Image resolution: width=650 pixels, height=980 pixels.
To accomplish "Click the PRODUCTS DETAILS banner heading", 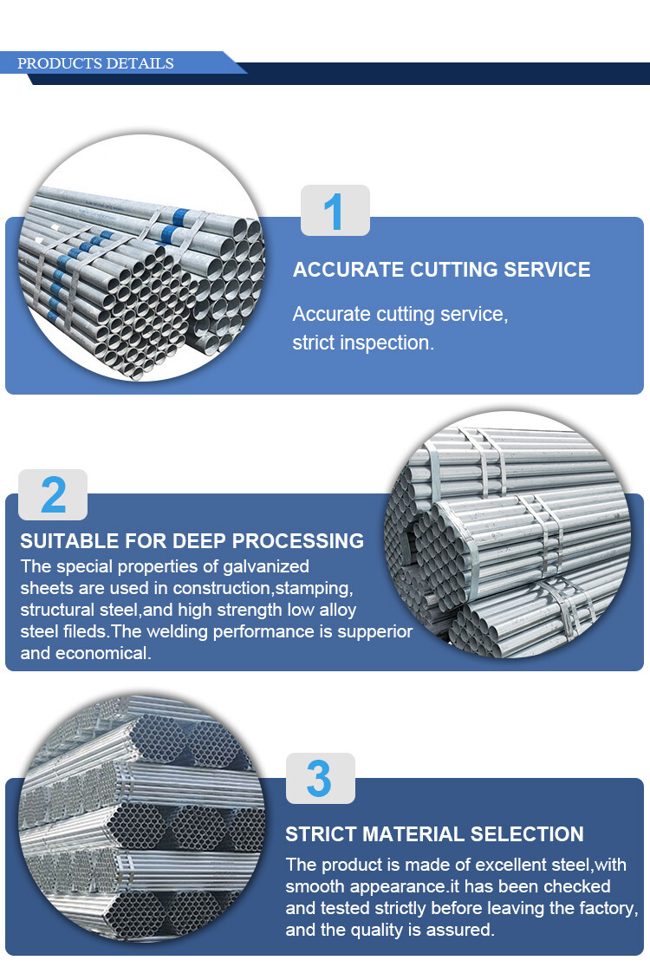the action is pos(95,63).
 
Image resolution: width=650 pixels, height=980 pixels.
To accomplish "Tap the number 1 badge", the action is pos(335,210).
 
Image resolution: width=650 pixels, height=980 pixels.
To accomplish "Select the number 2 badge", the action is pos(53,494).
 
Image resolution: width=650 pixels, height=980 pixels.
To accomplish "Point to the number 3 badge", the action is pos(321,778).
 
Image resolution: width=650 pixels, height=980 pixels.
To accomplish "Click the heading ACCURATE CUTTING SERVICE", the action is pos(441,270).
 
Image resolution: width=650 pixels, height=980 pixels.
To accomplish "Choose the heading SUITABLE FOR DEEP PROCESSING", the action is pos(192,540).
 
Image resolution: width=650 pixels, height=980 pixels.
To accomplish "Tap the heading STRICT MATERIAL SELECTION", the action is pos(434,833).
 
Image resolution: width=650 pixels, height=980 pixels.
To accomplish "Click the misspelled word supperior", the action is pos(374,632).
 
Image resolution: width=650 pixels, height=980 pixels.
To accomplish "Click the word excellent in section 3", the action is pos(530,865).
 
